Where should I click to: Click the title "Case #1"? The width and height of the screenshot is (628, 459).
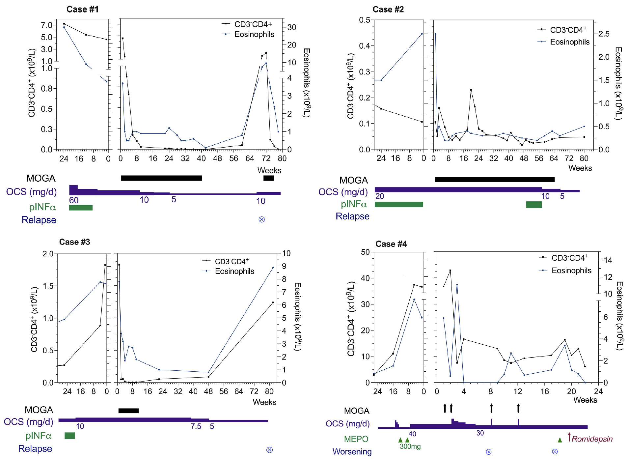coord(82,9)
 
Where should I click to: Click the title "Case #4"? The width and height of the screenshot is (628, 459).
coord(391,244)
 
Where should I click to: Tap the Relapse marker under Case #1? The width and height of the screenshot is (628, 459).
coord(262,219)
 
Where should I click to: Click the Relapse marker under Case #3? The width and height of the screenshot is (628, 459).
coord(269,450)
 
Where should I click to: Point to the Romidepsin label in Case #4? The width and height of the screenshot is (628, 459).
coord(592,439)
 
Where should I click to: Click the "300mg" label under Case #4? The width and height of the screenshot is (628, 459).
coord(410,446)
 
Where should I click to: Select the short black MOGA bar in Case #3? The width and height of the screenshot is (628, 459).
coord(128,411)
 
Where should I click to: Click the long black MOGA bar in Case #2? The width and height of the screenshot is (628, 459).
coord(494,180)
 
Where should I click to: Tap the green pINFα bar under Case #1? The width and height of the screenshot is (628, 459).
coord(81,208)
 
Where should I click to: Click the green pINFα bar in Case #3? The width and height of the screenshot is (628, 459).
coord(70,436)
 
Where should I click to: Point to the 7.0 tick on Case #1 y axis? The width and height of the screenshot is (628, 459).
coord(47,25)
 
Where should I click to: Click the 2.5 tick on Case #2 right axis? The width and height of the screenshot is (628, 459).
coord(604,34)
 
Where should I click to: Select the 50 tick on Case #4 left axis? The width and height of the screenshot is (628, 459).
coord(365,252)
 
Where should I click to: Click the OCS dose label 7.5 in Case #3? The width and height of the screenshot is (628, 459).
coord(196,426)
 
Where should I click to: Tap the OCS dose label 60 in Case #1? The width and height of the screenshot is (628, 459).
coord(74,200)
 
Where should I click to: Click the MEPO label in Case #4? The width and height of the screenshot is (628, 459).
coord(356,439)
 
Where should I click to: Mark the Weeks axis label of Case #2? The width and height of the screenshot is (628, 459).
coord(580,168)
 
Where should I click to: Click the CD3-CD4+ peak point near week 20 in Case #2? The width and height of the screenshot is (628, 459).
coord(471,90)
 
